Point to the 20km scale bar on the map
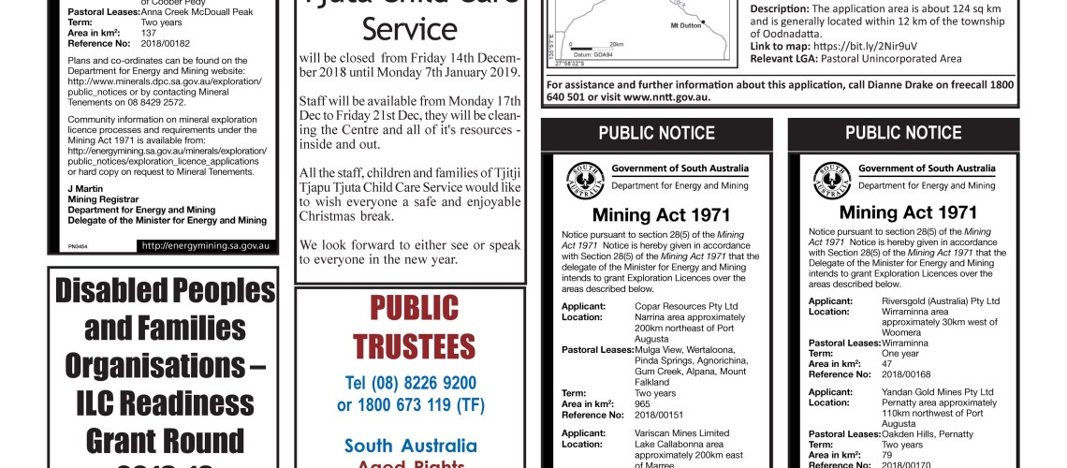point(594,44)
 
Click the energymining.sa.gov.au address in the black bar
point(208,246)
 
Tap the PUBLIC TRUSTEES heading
point(410,327)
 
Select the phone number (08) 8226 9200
point(410,383)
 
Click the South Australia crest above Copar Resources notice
point(585,180)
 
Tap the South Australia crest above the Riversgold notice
point(831,180)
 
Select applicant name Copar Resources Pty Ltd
point(686,306)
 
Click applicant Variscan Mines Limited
point(681,433)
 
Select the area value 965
point(642,404)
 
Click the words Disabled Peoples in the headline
point(164,291)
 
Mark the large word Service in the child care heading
point(409,28)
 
